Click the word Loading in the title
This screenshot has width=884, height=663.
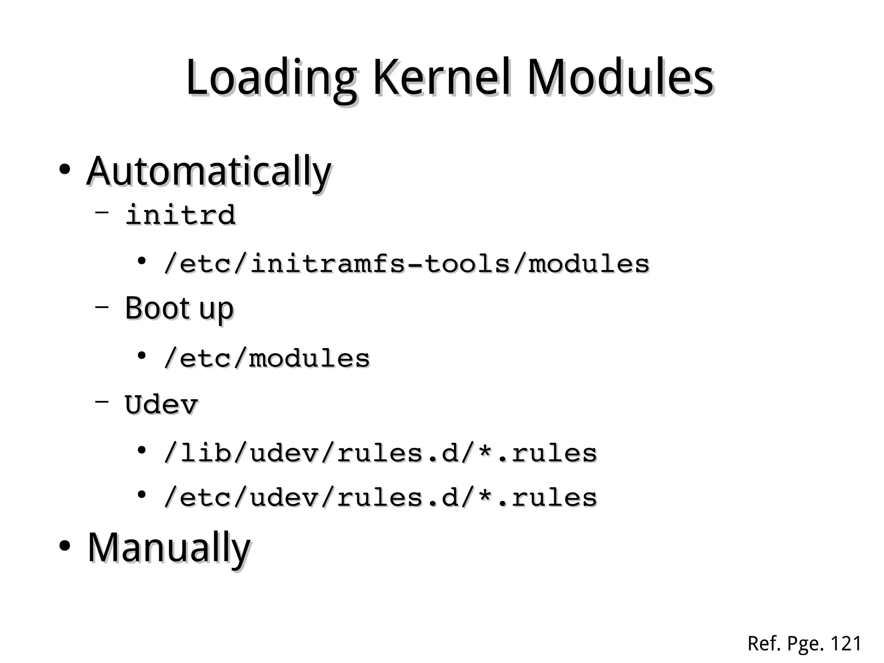point(271,79)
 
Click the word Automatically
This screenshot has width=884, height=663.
point(209,172)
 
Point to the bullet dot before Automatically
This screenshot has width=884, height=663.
point(65,169)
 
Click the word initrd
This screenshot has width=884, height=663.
point(180,215)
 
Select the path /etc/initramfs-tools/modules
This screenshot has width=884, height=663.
point(406,263)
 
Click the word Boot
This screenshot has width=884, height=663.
point(158,308)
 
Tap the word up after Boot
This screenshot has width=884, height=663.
point(216,310)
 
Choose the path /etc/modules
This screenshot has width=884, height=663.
point(267,358)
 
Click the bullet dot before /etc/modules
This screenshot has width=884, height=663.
point(141,355)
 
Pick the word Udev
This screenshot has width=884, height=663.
point(161,405)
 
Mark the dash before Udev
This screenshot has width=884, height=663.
point(101,401)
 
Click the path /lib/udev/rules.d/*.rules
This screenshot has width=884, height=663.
point(380,453)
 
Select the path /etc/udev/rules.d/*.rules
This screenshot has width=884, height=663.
point(380,498)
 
